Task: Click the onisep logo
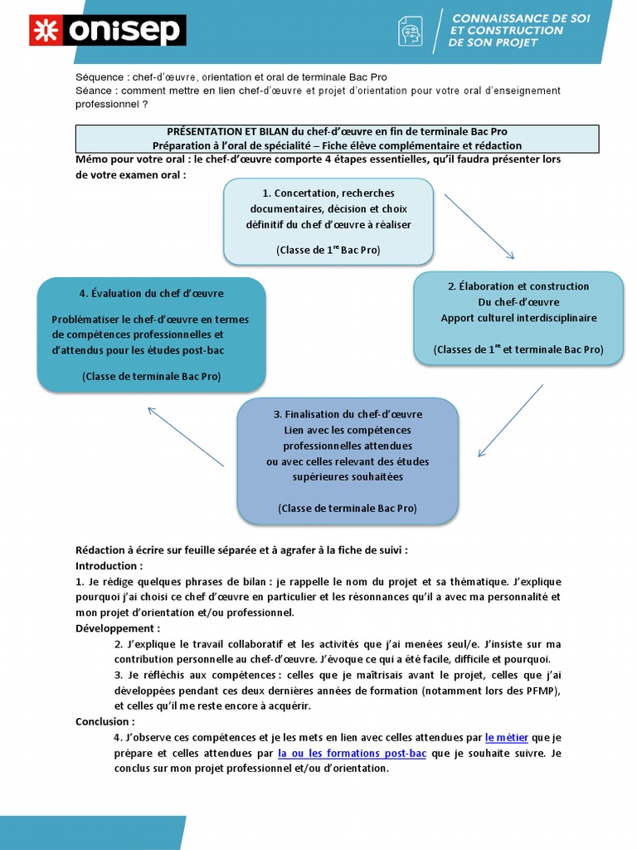[108, 31]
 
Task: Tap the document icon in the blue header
[411, 31]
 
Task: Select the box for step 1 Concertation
[328, 221]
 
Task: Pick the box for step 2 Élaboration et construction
[518, 318]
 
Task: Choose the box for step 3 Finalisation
[348, 461]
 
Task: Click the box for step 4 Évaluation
[151, 334]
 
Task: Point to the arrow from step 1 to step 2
[479, 227]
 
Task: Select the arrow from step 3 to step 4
[186, 437]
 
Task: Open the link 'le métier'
[506, 736]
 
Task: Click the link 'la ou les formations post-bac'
[352, 753]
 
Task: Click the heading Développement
[116, 628]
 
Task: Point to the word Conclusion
[104, 721]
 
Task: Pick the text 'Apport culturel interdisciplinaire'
[518, 318]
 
